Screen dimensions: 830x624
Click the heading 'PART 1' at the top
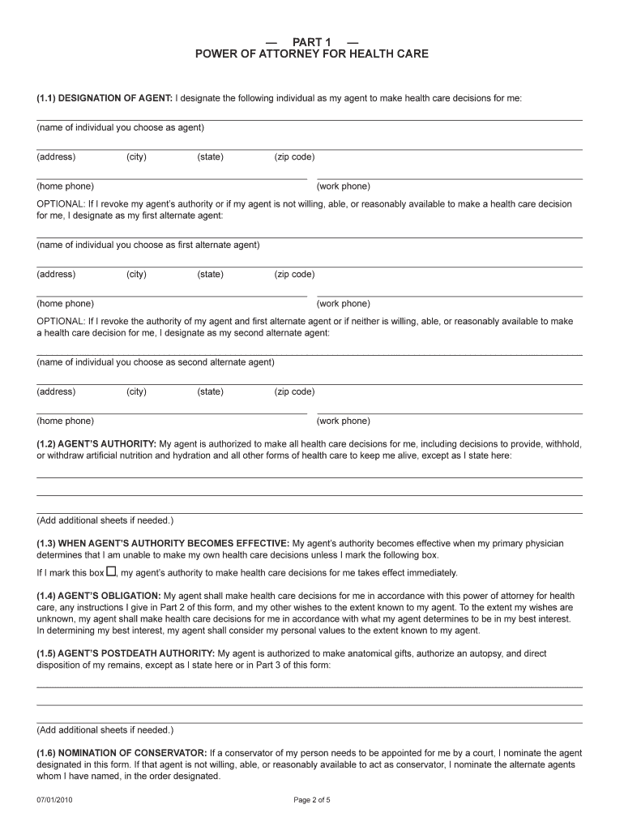point(312,41)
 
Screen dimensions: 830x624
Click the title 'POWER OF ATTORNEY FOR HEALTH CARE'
point(312,54)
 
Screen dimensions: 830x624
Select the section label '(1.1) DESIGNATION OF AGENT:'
point(104,98)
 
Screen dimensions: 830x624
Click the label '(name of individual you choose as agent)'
point(120,128)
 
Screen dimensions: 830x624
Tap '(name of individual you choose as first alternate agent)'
point(147,245)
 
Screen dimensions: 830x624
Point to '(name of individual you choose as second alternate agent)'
point(155,362)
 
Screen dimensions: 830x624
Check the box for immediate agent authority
point(112,571)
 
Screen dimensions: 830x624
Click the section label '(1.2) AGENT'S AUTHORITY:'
point(96,444)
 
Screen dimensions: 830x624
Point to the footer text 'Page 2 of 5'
point(312,801)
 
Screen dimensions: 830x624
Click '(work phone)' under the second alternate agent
point(344,421)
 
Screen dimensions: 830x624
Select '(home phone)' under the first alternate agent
point(65,304)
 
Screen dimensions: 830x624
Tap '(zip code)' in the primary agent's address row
point(294,157)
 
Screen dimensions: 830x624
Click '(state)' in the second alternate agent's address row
point(210,392)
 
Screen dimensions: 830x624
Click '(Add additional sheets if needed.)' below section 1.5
point(105,729)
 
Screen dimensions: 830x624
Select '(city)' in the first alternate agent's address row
point(136,275)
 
